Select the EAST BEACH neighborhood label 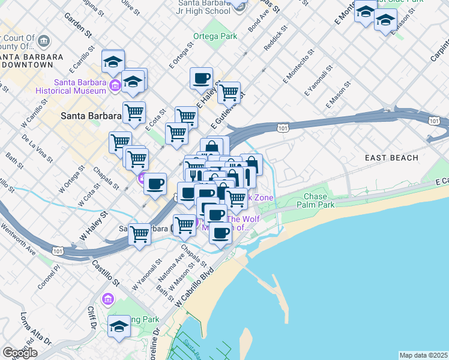391,158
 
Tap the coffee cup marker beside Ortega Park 201,78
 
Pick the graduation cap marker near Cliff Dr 119,327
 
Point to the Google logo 19,353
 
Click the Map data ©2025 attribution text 423,355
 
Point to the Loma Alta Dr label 34,327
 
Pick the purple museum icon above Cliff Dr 108,299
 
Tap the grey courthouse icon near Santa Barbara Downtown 44,41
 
